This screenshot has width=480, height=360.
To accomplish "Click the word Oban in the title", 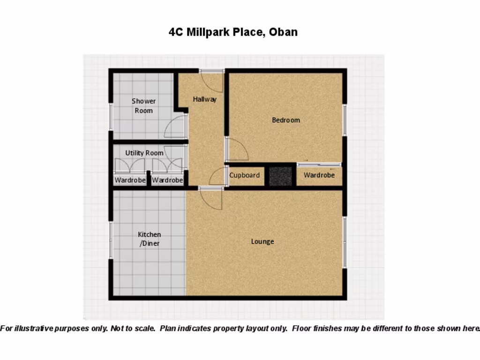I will [283, 32].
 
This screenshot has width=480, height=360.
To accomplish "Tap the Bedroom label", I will [285, 120].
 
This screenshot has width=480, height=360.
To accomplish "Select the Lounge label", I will [262, 241].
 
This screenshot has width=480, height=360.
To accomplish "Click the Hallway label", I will [205, 99].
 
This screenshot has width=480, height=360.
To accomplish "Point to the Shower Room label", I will [143, 106].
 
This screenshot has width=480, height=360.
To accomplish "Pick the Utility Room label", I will [144, 153].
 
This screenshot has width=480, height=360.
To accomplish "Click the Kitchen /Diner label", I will [150, 239].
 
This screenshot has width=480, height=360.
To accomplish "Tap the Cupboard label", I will [244, 175].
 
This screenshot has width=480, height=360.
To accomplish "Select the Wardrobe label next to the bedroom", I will [319, 175].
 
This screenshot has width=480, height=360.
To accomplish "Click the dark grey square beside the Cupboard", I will [280, 176].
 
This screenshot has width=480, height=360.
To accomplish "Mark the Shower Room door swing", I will [176, 127].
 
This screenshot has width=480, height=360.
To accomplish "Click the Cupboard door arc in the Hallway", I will [217, 177].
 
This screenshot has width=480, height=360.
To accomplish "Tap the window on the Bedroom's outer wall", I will [345, 120].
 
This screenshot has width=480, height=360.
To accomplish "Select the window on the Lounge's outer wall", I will [345, 242].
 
